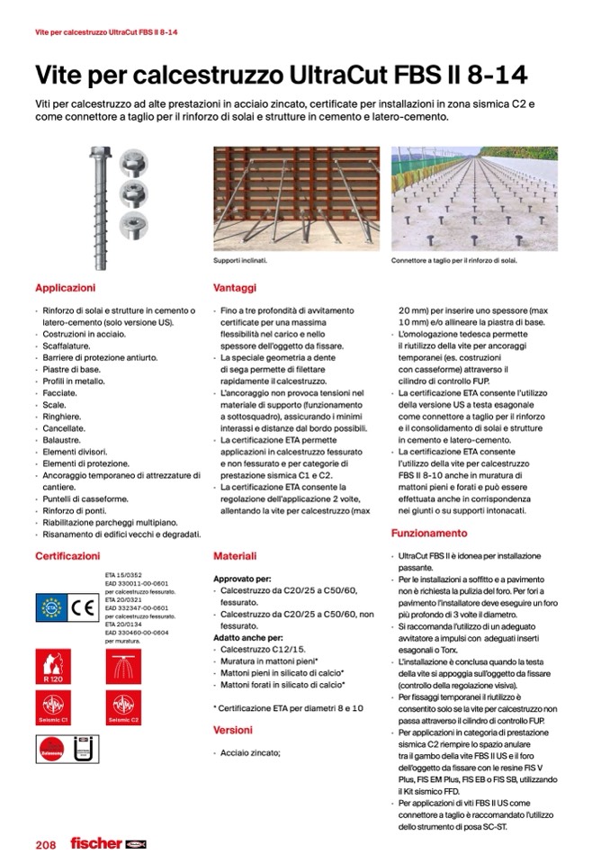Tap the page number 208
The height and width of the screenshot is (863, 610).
46,844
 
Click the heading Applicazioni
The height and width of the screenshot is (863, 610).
65,288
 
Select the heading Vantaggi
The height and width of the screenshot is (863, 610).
235,288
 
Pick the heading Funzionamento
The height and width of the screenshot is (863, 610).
429,534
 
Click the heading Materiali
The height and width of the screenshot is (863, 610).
235,556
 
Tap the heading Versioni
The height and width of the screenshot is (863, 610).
233,730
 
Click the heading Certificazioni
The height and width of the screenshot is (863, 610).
67,556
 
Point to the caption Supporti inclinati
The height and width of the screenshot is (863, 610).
240,261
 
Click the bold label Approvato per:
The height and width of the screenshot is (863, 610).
242,579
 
